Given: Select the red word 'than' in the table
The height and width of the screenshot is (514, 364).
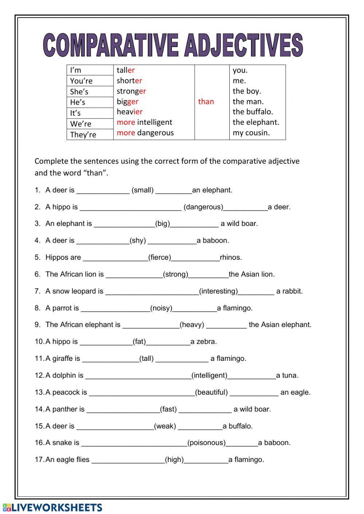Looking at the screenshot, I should point(206,102).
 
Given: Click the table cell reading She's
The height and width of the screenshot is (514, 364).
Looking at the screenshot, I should point(79,92).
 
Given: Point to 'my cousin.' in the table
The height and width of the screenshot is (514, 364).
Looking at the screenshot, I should point(251,133).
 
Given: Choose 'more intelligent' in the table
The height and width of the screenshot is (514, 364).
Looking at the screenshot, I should point(144,122).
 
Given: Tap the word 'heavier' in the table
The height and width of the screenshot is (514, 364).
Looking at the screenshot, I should point(130,112).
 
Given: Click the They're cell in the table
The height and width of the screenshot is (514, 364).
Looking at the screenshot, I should point(83,135).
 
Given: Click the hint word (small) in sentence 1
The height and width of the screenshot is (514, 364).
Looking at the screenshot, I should point(142,190).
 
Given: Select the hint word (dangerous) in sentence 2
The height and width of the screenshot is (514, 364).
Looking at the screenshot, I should point(203,207).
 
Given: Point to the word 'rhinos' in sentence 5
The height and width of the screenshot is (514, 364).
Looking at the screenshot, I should point(230,258).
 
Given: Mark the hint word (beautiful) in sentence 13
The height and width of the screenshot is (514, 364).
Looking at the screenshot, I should point(211,392).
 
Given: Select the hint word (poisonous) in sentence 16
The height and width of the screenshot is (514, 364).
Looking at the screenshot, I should point(206,443).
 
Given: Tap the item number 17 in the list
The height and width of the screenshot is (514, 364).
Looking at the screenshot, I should point(39,460).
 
